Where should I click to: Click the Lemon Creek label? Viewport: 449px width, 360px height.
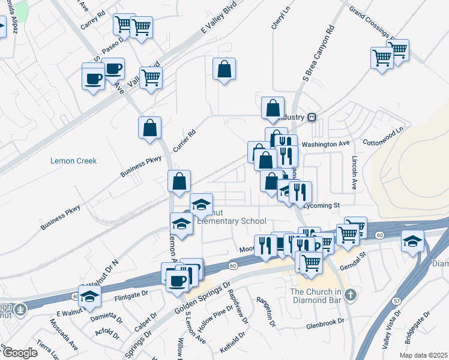click(x=74, y=161)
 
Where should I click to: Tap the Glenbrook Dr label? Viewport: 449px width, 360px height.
click(x=325, y=322)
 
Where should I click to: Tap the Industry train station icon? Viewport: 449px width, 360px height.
click(x=312, y=116)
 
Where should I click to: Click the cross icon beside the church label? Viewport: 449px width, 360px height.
click(x=351, y=295)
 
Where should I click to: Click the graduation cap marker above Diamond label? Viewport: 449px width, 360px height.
click(x=412, y=241)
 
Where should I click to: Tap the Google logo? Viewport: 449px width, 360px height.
click(x=20, y=353)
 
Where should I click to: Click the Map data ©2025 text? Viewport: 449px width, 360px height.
click(x=423, y=355)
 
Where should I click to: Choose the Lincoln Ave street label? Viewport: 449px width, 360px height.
click(x=354, y=174)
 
